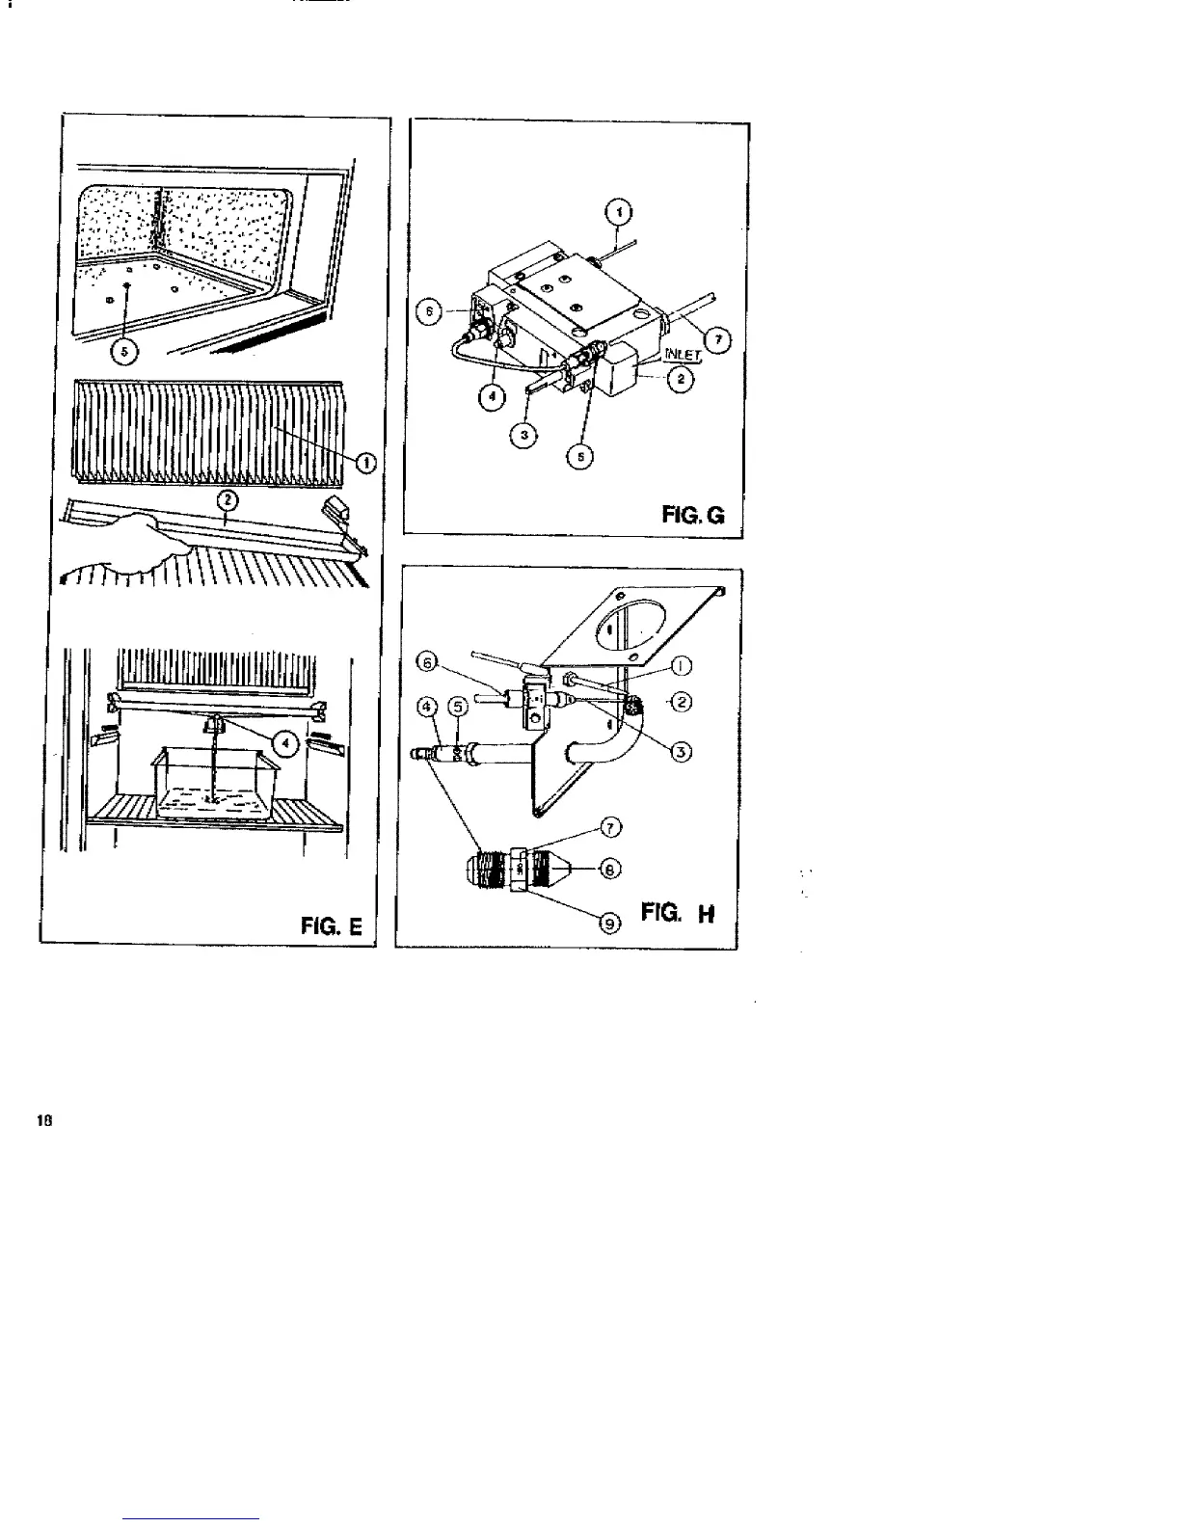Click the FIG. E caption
pyautogui.click(x=332, y=927)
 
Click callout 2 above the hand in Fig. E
pyautogui.click(x=228, y=499)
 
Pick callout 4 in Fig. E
pyautogui.click(x=286, y=741)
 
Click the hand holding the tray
pyautogui.click(x=145, y=546)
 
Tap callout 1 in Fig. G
pyautogui.click(x=620, y=209)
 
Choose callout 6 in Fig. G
pyautogui.click(x=432, y=311)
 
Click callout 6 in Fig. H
pyautogui.click(x=428, y=662)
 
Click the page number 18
pyautogui.click(x=44, y=1120)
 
